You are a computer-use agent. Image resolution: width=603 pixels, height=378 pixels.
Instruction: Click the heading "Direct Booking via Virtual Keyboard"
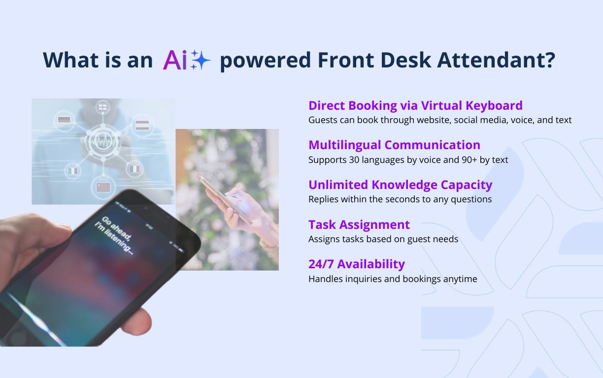(x=415, y=105)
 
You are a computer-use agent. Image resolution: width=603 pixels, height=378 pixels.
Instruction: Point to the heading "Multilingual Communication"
(x=394, y=145)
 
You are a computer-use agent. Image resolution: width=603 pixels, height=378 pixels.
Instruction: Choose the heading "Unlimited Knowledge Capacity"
(x=400, y=185)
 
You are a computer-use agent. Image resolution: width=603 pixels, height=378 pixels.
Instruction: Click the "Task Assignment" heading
(x=359, y=224)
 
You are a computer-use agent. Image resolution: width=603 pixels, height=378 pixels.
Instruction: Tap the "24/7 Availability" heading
(x=356, y=264)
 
